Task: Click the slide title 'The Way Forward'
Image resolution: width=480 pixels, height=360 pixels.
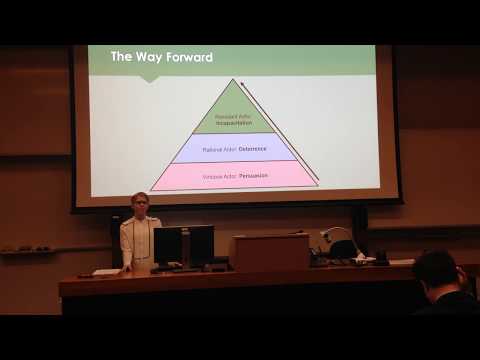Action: pyautogui.click(x=161, y=57)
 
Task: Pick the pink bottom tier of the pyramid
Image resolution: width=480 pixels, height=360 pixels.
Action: pyautogui.click(x=236, y=175)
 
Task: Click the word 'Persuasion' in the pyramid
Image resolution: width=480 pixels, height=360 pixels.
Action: pyautogui.click(x=249, y=177)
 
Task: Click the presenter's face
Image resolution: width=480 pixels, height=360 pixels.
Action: pyautogui.click(x=139, y=204)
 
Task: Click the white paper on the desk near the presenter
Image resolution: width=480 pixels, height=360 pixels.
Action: pyautogui.click(x=105, y=271)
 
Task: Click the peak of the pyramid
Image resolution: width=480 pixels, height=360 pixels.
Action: pyautogui.click(x=236, y=81)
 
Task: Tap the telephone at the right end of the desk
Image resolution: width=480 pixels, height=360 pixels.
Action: pyautogui.click(x=378, y=257)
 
